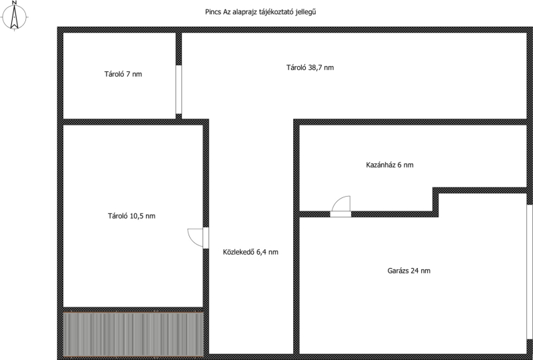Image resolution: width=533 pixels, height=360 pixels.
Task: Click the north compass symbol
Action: (14, 16)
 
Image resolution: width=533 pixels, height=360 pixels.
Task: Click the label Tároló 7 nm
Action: (123, 74)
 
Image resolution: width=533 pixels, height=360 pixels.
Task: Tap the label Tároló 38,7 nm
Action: (310, 67)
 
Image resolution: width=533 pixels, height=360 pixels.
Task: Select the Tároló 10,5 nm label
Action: (131, 216)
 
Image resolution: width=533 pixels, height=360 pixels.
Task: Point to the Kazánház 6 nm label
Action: (390, 165)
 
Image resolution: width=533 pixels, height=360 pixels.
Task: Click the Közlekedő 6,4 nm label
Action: (251, 252)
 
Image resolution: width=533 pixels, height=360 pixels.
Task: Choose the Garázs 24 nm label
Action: (409, 271)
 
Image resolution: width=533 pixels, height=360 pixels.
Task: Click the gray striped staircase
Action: (133, 334)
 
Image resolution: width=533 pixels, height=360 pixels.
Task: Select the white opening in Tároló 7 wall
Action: (179, 89)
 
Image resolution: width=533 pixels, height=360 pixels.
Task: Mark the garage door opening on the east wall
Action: (530, 271)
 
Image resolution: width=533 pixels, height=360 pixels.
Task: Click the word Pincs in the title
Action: (213, 12)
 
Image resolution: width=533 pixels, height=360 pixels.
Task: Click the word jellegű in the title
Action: (307, 12)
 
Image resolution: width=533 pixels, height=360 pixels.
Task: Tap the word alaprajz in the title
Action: (247, 12)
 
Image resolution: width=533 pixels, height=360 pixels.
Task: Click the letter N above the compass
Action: (14, 3)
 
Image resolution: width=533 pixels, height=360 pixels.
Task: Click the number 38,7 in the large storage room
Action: (315, 68)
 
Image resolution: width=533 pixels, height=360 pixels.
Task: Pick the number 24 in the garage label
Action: (414, 271)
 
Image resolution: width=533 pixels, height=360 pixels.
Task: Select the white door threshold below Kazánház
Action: (340, 214)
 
